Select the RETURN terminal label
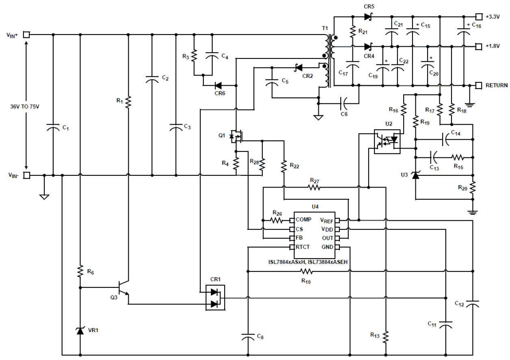(x=497, y=86)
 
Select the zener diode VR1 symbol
(x=80, y=331)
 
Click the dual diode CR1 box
(x=215, y=297)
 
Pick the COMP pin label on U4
(x=303, y=220)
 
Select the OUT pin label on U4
(x=327, y=238)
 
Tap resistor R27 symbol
(x=314, y=188)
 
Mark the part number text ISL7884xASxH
(x=284, y=262)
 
